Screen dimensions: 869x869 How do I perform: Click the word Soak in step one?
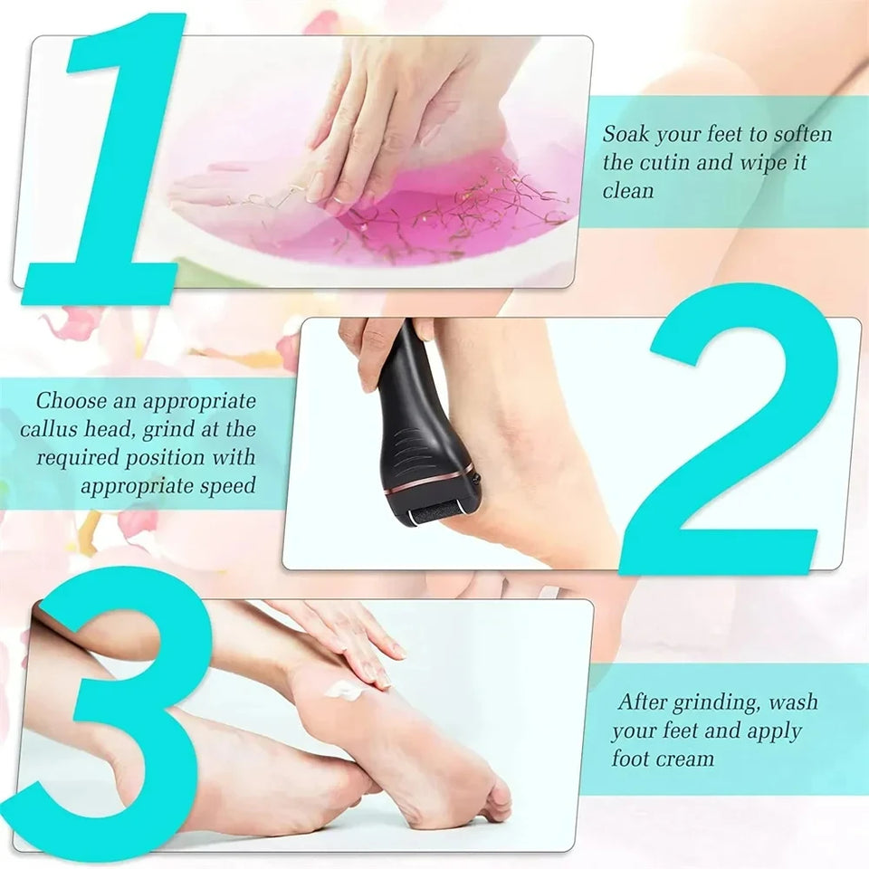pyautogui.click(x=625, y=135)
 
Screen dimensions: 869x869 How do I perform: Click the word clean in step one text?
pyautogui.click(x=628, y=192)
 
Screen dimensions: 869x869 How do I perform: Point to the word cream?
pyautogui.click(x=686, y=759)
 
